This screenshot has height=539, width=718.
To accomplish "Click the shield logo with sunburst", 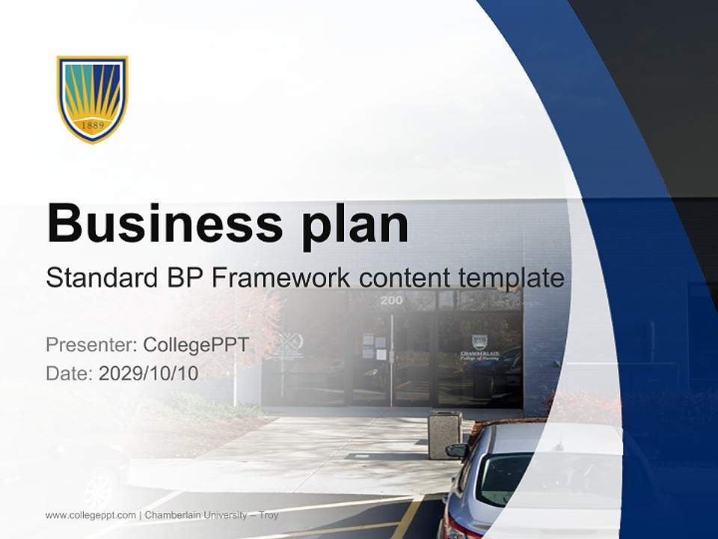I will point(92,98).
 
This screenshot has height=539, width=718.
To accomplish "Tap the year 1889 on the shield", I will point(92,124).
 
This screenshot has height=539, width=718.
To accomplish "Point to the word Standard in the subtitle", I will point(99,278).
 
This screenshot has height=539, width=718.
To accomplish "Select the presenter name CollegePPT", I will point(196,345).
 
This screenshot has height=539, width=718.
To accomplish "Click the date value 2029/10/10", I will point(149,373).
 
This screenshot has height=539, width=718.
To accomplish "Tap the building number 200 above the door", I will point(391,301).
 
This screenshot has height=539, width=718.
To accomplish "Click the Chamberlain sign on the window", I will point(479,348).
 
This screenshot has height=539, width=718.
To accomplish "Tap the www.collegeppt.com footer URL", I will point(90,515).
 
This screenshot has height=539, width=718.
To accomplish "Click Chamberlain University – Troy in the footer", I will point(212,515).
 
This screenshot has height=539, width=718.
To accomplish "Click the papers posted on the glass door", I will point(375,347).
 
